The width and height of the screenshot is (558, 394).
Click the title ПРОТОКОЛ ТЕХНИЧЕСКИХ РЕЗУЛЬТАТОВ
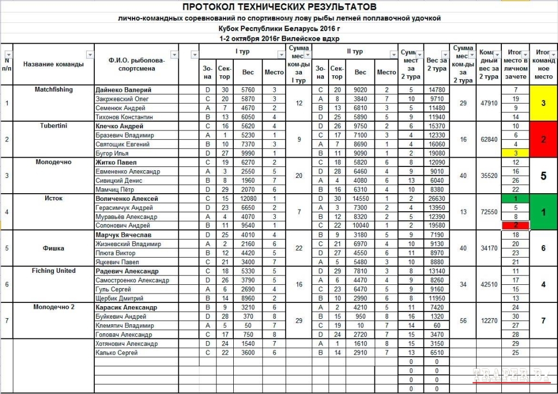279,7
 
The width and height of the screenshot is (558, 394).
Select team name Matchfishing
53,89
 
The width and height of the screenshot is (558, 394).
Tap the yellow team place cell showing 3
543,103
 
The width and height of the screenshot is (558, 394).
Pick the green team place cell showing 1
543,212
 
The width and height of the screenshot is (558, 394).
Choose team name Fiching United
53,271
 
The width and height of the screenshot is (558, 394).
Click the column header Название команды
53,64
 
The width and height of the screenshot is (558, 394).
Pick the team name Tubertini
53,126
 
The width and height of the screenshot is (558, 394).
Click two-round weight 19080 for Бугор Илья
437,153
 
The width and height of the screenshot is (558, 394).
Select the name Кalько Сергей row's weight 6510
437,353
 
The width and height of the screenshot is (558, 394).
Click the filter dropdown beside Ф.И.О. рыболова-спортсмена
174,55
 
